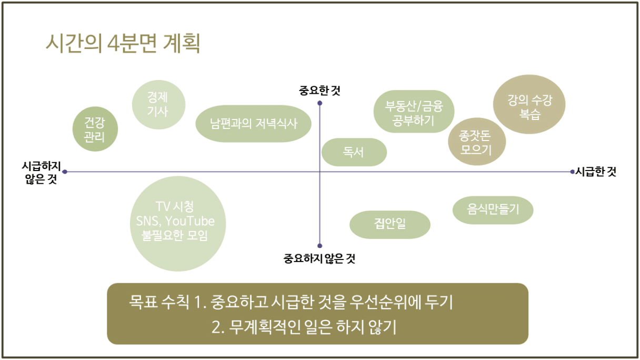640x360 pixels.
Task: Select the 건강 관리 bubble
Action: click(95, 129)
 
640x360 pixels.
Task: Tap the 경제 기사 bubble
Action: click(158, 105)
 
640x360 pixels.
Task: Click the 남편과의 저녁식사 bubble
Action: click(254, 124)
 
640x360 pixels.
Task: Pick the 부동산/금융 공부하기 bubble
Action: click(414, 112)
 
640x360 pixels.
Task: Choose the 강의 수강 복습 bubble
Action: click(529, 104)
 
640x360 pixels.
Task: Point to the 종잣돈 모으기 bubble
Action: click(477, 142)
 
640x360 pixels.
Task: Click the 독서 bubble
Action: click(354, 152)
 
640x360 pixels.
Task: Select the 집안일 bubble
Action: click(390, 225)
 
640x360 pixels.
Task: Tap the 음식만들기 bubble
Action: click(493, 210)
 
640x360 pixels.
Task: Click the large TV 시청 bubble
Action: click(178, 224)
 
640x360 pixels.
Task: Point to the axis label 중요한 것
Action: click(319, 91)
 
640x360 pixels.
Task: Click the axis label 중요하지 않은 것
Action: click(319, 258)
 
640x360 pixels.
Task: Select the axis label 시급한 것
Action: click(596, 172)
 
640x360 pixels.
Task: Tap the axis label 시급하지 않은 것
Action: click(42, 173)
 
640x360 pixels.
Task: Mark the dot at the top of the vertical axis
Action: click(319, 103)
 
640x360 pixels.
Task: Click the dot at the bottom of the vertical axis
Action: click(319, 246)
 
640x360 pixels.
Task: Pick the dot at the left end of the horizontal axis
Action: click(65, 172)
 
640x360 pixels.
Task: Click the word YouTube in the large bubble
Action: click(189, 221)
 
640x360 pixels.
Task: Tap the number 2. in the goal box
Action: click(218, 327)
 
